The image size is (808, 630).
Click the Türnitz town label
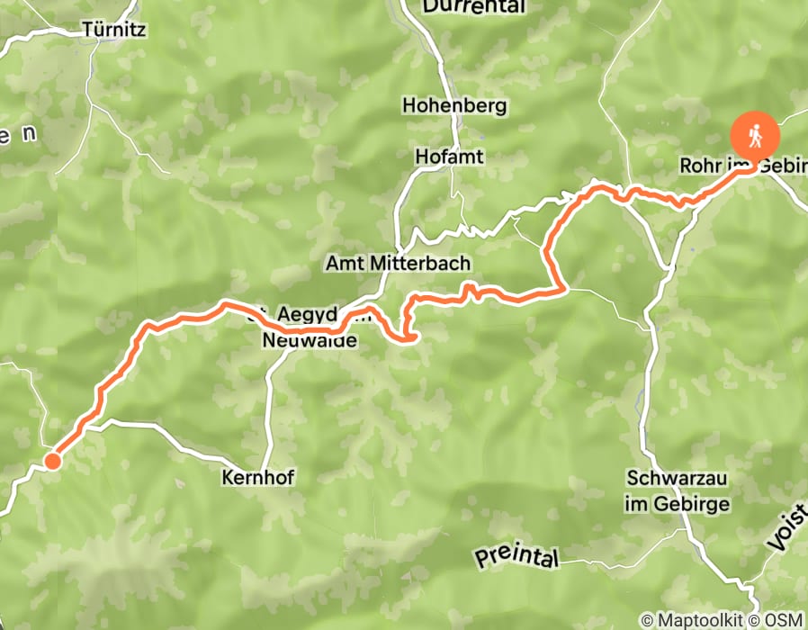click(x=113, y=29)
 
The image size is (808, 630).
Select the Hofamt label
click(x=449, y=157)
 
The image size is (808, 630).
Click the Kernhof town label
click(x=258, y=478)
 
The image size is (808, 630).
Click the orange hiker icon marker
click(x=755, y=136)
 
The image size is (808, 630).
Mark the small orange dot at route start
click(x=52, y=462)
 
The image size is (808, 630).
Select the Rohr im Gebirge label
click(x=743, y=167)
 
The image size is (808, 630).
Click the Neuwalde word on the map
click(x=310, y=342)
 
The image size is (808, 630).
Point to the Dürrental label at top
click(x=473, y=6)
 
